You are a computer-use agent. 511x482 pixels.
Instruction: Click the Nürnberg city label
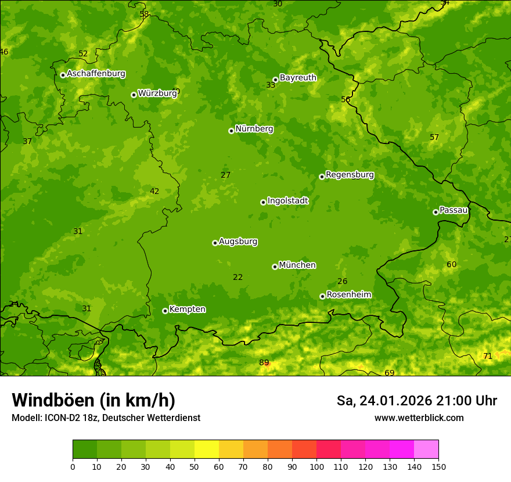(254, 129)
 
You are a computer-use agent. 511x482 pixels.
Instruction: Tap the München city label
(297, 265)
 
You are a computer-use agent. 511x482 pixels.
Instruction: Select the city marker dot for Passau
(436, 212)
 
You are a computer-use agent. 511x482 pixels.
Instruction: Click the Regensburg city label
(350, 175)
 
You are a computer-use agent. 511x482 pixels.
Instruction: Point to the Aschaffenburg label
(96, 74)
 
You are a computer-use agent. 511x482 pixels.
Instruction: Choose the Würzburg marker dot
(134, 95)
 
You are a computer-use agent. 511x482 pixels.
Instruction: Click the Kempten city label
(187, 310)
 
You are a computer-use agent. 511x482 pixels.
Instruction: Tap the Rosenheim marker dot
(322, 296)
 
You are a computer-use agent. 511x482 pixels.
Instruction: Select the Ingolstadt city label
(287, 201)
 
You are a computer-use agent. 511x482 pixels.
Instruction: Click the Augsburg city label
(238, 242)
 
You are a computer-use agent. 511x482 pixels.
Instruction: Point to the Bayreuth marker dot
(275, 80)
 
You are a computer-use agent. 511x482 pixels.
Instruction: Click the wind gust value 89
(264, 363)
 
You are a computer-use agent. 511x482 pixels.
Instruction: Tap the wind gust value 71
(488, 356)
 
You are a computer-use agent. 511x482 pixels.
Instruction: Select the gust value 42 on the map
(154, 192)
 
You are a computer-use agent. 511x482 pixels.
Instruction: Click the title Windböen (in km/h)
(93, 400)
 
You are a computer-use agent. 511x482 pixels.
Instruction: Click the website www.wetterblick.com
(419, 418)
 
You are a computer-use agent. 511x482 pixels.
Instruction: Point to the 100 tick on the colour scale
(316, 466)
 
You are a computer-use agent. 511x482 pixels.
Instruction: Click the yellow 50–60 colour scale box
(207, 449)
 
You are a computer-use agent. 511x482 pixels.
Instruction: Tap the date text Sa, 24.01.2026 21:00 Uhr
(416, 401)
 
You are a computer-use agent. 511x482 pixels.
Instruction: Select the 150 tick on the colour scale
(438, 466)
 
